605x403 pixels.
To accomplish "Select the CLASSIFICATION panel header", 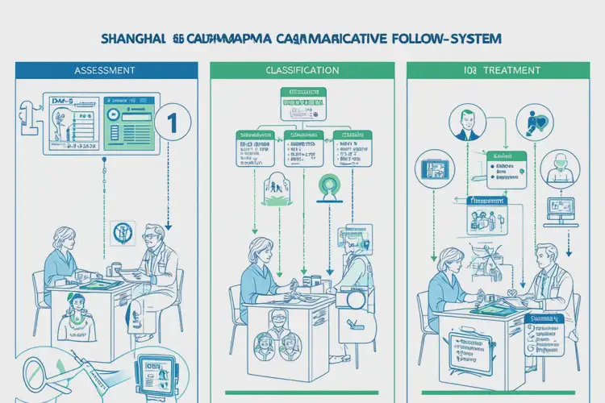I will point(302,70).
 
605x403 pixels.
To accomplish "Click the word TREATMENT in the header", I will point(514,70).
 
